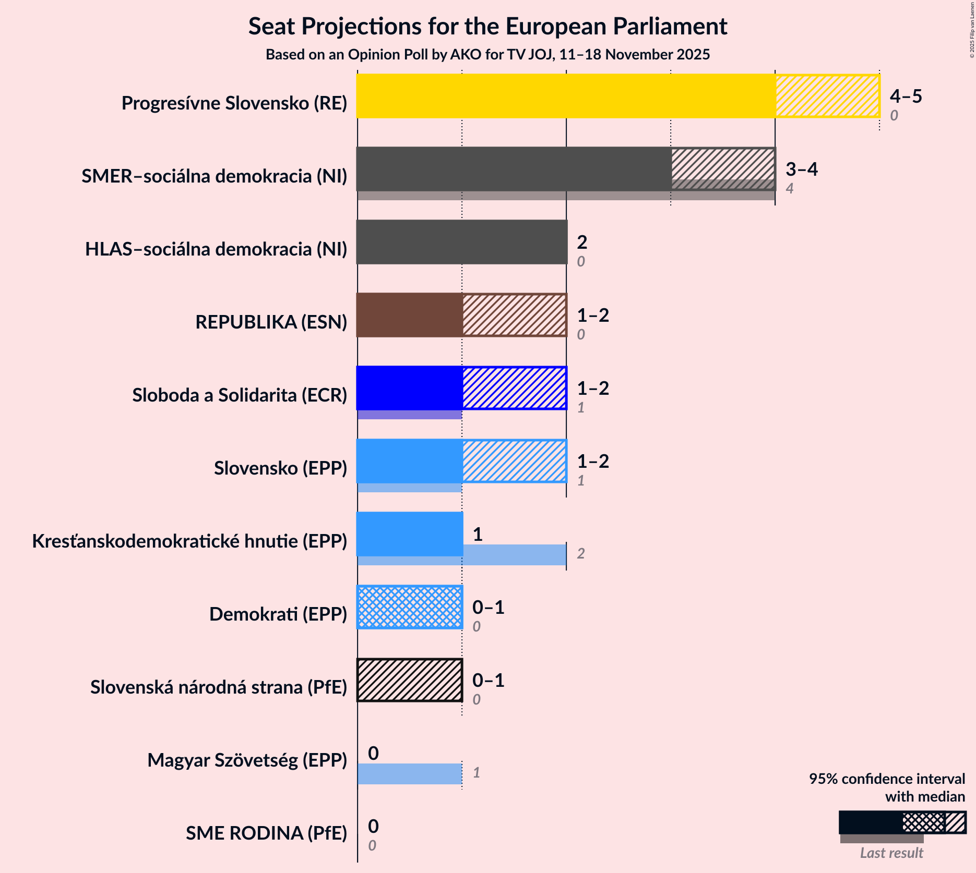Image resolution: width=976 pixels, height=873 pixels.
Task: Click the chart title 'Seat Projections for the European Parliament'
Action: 487,26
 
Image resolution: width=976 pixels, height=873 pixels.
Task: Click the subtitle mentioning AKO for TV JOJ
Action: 487,55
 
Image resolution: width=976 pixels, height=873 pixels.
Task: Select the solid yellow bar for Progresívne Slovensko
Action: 566,96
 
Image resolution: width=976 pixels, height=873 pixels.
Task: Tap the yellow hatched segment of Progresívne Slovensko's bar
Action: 827,96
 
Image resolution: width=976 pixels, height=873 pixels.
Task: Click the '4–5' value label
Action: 906,96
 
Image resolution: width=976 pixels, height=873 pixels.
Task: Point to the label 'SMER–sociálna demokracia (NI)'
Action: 214,176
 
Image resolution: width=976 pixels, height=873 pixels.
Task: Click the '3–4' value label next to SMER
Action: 801,169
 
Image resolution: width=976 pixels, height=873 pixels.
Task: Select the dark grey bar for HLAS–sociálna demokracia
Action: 461,242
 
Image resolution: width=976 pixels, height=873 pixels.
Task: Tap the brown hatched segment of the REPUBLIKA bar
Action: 514,315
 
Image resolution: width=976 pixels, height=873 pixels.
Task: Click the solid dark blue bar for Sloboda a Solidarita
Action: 410,388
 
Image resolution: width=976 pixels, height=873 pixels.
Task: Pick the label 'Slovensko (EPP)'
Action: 280,468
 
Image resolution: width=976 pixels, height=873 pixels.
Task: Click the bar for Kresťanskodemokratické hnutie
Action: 410,534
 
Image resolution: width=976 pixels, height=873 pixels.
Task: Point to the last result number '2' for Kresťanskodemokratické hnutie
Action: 580,553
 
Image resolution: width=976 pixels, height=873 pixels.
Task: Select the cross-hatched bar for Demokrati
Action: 410,607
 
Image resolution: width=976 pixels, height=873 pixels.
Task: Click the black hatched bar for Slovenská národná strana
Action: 410,680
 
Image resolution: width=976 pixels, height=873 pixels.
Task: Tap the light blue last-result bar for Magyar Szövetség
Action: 410,773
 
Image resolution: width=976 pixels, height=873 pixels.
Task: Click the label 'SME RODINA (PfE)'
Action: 266,833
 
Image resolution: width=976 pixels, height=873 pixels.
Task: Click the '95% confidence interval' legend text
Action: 887,779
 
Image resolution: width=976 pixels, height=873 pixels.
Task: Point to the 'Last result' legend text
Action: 891,853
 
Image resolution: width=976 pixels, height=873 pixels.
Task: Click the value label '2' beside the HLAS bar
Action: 581,242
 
